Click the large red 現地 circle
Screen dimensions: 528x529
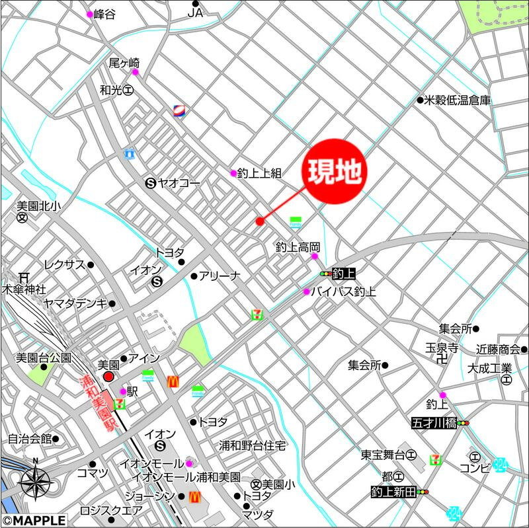[x=335, y=171]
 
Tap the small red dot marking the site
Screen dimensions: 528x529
[x=260, y=221]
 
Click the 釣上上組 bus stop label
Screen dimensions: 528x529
[x=259, y=173]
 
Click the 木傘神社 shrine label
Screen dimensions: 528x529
[x=23, y=289]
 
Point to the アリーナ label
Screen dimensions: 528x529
[x=219, y=276]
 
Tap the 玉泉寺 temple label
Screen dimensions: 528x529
[x=442, y=348]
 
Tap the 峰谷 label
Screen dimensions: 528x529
[x=105, y=14]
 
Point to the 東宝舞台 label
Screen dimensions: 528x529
[x=383, y=455]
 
